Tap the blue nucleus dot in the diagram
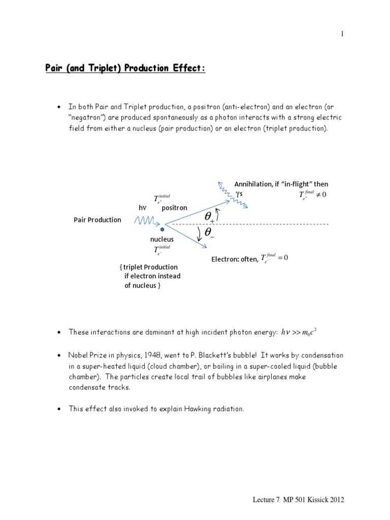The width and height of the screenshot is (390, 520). click(162, 230)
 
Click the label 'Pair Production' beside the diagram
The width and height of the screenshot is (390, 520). click(97, 220)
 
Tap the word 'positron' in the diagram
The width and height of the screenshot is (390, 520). click(174, 208)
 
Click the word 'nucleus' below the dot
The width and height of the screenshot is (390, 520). click(161, 239)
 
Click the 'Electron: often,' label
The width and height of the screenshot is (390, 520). click(235, 259)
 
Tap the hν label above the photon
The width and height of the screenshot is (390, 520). click(142, 208)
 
